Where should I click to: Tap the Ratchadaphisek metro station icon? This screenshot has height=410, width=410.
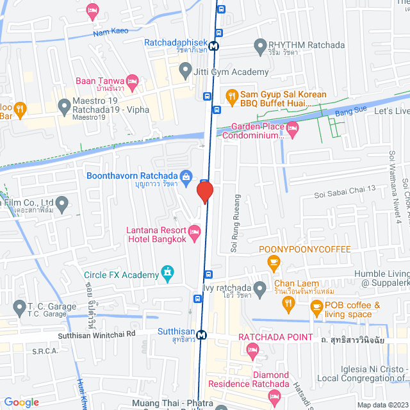pyautogui.click(x=212, y=45)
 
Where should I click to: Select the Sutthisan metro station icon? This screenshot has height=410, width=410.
pyautogui.click(x=201, y=334)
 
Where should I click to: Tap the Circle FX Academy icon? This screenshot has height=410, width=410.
pyautogui.click(x=167, y=274)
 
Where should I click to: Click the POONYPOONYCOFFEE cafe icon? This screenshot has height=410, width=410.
pyautogui.click(x=274, y=261)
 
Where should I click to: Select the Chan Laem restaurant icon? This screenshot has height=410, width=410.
pyautogui.click(x=259, y=288)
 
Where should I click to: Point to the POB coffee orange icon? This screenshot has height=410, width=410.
pyautogui.click(x=316, y=307)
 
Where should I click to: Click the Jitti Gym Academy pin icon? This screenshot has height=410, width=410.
pyautogui.click(x=185, y=69)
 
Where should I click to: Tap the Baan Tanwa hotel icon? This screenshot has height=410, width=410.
pyautogui.click(x=133, y=81)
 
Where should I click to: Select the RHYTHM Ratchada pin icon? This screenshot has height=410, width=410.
pyautogui.click(x=260, y=45)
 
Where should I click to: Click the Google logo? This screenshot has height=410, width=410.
pyautogui.click(x=21, y=402)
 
